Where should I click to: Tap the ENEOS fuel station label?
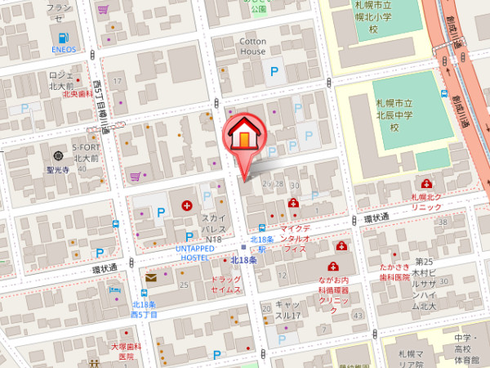[64, 47]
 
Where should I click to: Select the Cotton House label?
[252, 46]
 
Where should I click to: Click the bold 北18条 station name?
[244, 260]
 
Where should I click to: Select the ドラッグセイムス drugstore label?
[226, 285]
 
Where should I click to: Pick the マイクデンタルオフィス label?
[294, 237]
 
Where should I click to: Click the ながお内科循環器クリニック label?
[333, 289]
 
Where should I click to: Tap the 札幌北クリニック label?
[426, 202]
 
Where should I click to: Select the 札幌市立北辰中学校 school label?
[393, 114]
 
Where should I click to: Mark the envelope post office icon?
[151, 278]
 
